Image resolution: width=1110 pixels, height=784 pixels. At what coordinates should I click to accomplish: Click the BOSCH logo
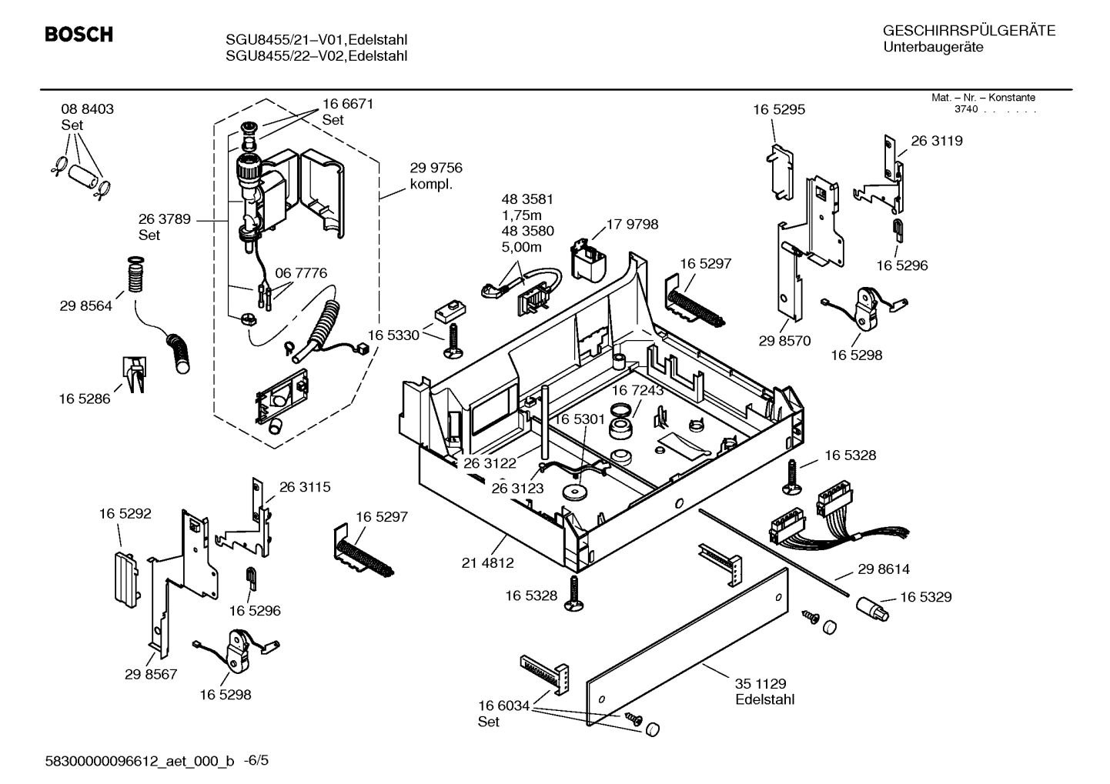(79, 35)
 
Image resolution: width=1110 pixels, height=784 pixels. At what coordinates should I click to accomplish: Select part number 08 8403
(87, 109)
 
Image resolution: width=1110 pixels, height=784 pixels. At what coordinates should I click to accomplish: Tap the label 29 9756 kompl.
(436, 176)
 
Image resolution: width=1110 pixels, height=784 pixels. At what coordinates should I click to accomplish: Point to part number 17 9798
(633, 225)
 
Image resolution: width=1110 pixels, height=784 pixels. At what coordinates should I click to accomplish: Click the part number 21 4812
(487, 563)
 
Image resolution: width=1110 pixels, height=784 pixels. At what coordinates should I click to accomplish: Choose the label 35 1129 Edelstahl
(764, 691)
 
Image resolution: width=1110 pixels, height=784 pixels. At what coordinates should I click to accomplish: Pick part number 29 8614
(883, 569)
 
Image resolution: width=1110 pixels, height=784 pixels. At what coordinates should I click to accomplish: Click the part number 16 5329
(926, 596)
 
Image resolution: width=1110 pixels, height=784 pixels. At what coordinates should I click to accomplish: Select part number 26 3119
(936, 141)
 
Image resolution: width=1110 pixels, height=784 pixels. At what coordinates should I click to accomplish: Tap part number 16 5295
(779, 109)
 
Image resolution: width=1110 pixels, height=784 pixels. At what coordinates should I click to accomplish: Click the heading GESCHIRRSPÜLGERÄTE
(968, 32)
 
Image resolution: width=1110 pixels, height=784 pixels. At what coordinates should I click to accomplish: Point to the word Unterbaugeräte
(933, 48)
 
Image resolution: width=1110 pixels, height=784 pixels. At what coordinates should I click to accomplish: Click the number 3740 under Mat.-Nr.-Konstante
(965, 109)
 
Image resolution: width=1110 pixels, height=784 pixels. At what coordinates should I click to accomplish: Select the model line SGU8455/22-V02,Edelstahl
(316, 56)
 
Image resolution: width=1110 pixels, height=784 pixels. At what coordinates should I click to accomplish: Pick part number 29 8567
(151, 674)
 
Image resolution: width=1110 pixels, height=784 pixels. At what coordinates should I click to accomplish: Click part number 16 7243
(637, 390)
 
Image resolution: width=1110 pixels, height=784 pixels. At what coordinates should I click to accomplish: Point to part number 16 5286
(85, 399)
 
